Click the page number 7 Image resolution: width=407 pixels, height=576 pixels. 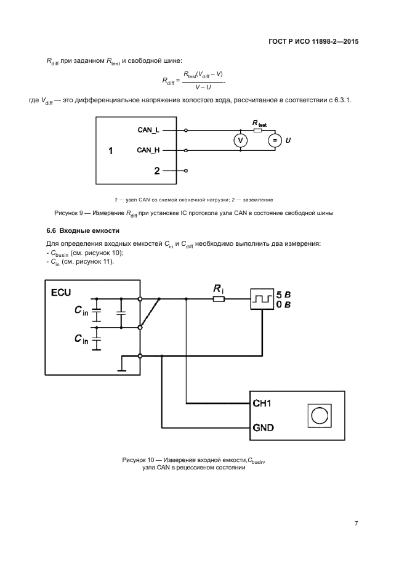coord(356,523)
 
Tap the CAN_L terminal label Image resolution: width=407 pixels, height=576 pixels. coord(148,130)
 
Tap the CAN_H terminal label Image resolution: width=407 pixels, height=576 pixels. coord(148,150)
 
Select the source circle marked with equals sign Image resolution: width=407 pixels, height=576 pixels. coord(274,140)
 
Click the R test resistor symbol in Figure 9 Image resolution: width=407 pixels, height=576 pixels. coord(257,130)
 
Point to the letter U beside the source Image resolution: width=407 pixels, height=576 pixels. coord(288,141)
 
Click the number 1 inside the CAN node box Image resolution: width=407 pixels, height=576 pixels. coord(110,150)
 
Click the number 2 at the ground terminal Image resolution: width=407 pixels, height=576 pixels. coord(157,171)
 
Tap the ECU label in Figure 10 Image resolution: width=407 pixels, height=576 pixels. coord(61,291)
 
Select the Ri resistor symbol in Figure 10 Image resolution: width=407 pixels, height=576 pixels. coord(219,299)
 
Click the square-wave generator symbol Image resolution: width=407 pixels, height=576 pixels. coord(262,299)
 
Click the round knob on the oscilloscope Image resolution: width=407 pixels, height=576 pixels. coord(318,416)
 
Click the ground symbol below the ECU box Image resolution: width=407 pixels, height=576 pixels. coord(121,370)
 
